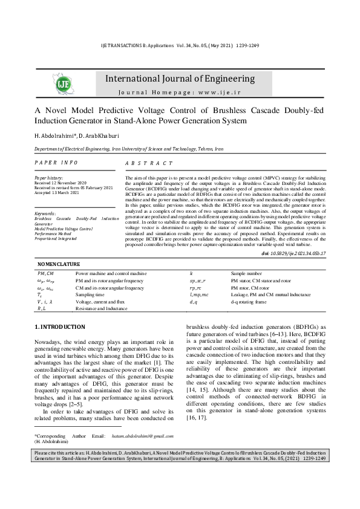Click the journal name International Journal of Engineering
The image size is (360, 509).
tap(180, 79)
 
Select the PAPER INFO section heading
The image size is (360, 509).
tap(56, 163)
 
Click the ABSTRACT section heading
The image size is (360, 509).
tap(149, 164)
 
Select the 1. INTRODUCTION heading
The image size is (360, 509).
tap(60, 327)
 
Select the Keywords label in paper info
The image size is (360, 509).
tap(45, 213)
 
